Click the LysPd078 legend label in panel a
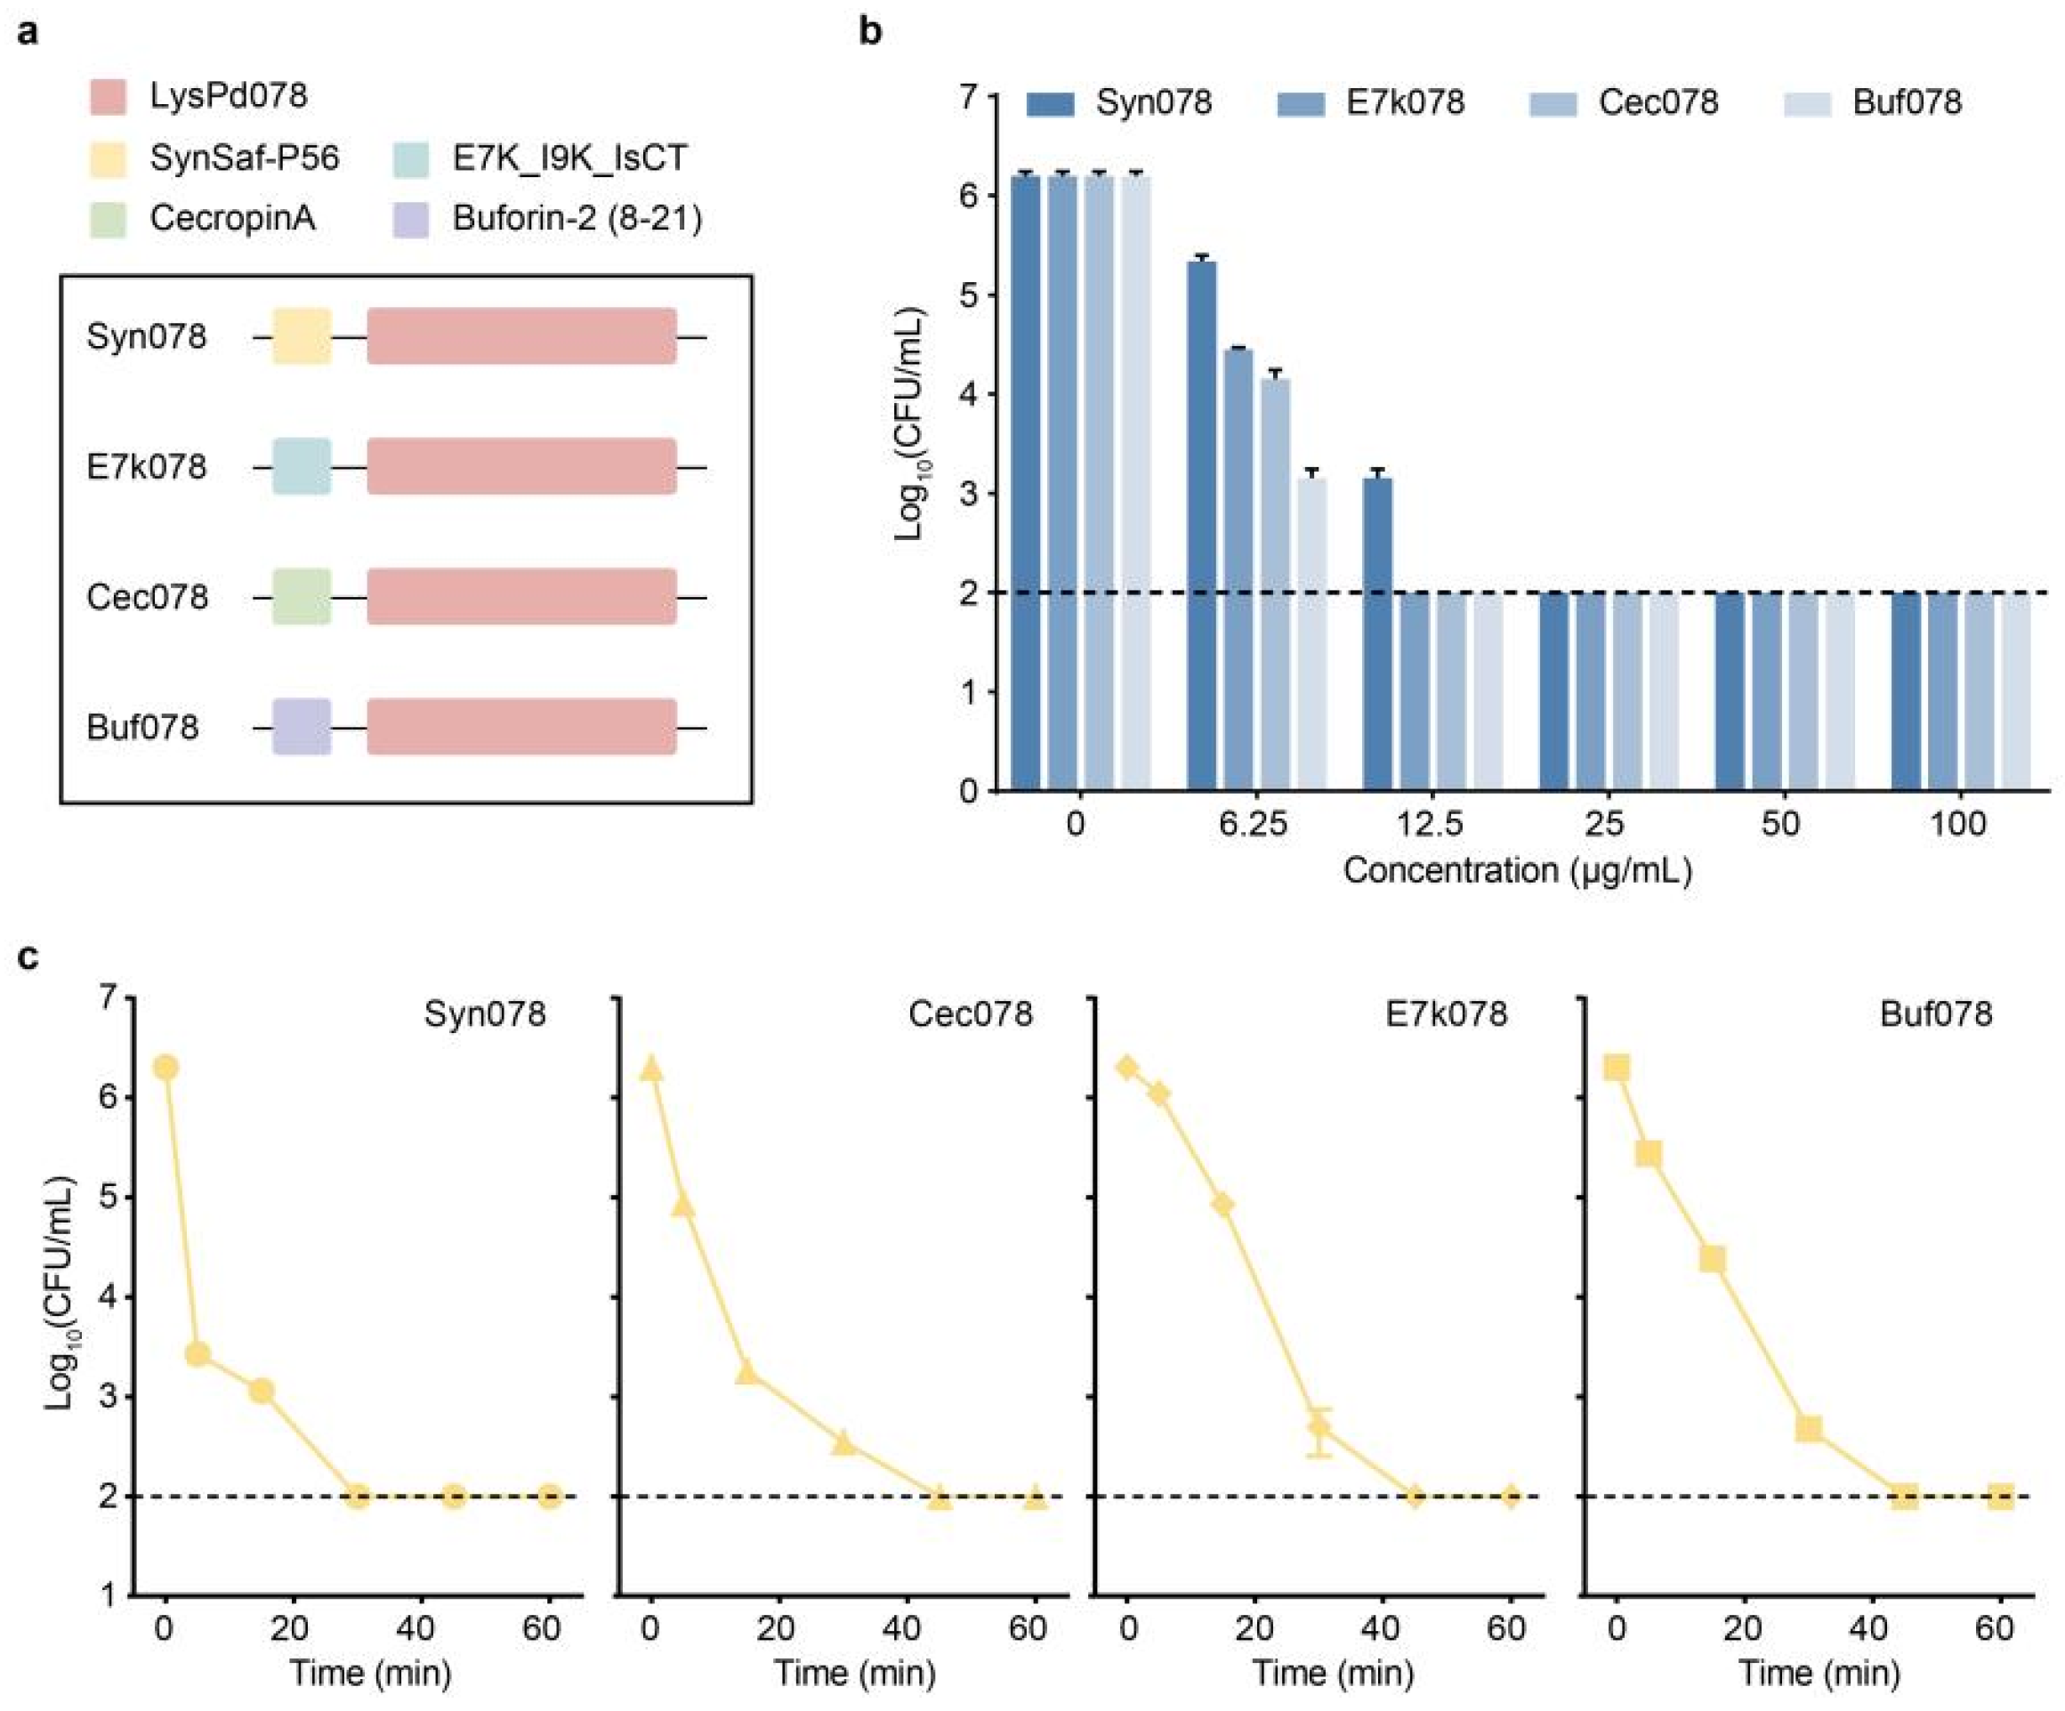point(228,96)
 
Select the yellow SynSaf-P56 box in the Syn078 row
point(302,336)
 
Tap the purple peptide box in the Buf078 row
point(302,727)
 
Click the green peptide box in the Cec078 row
point(302,597)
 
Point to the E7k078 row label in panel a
point(147,466)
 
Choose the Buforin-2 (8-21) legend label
point(577,218)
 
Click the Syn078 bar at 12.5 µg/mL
point(1377,634)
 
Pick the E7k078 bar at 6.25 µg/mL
point(1238,569)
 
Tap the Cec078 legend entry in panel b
point(1658,102)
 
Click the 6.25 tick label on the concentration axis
point(1253,823)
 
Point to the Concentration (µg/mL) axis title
point(1517,870)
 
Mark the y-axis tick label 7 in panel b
point(969,96)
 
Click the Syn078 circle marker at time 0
point(166,1068)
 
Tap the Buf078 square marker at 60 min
point(2000,1497)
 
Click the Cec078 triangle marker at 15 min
point(746,1372)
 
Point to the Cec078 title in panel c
point(970,1013)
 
